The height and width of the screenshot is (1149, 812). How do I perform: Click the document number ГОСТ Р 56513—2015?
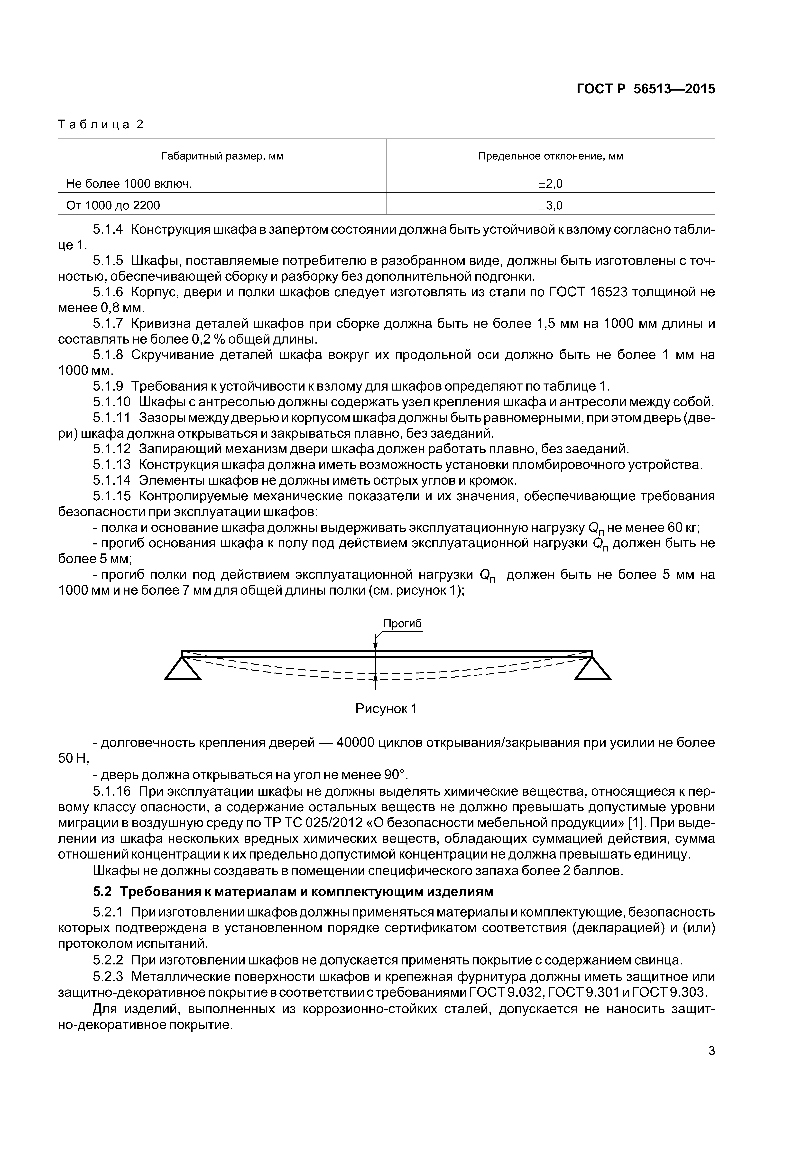[645, 89]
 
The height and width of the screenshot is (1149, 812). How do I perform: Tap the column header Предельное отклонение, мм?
[550, 156]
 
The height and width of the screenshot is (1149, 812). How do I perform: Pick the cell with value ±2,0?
[550, 184]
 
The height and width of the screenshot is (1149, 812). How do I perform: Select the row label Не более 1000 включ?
[129, 184]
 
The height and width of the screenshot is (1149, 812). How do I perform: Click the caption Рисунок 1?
[386, 709]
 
